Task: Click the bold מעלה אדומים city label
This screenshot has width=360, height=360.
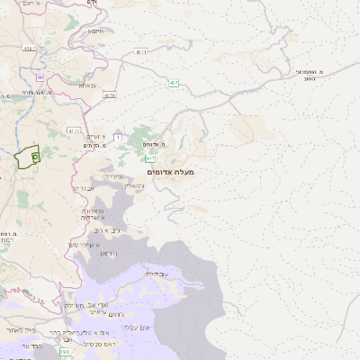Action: click(169, 171)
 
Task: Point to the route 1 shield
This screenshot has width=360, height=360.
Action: click(118, 137)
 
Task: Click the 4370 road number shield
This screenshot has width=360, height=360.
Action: click(110, 94)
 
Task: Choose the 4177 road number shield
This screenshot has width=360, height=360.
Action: click(75, 130)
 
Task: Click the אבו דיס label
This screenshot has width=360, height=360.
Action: click(83, 188)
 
